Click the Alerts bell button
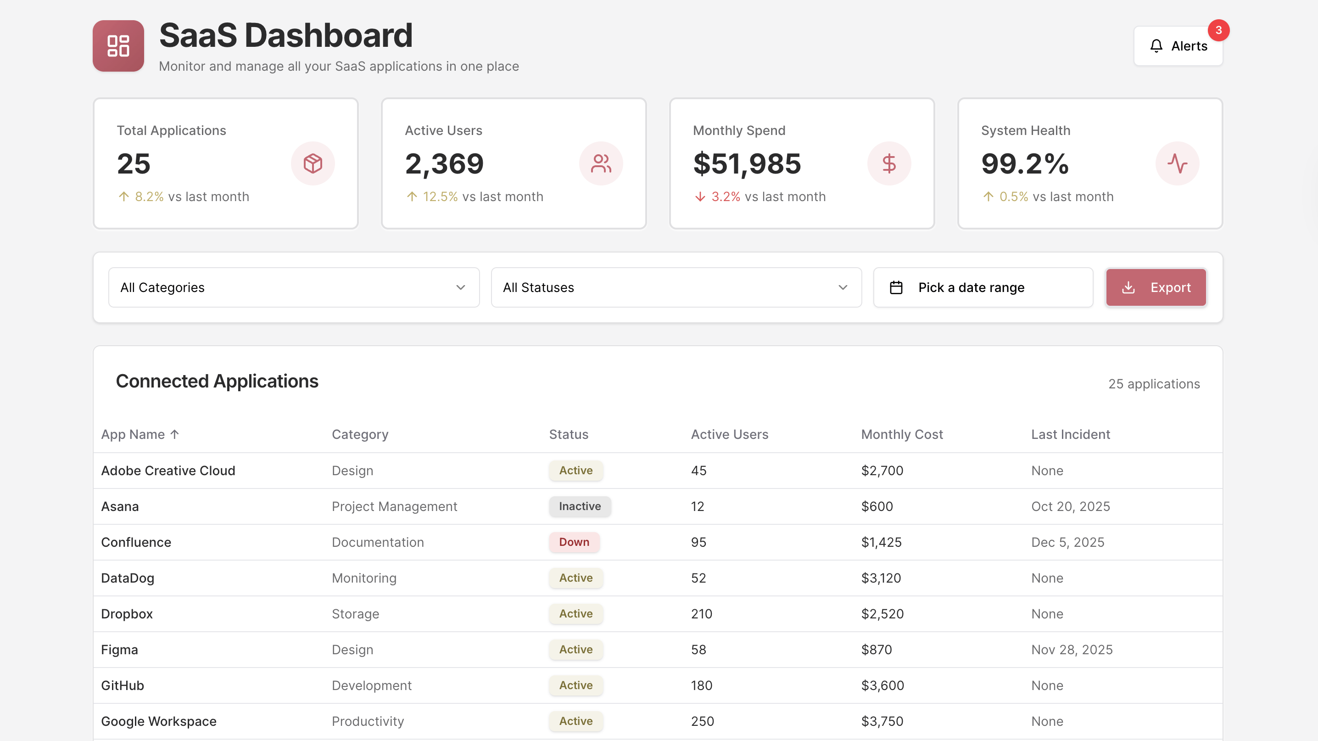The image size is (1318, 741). (1178, 46)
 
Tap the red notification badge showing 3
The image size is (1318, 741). (1218, 30)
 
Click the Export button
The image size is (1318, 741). (1156, 287)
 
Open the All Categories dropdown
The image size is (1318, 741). (294, 287)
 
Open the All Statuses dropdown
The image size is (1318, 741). (676, 287)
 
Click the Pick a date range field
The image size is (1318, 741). (983, 287)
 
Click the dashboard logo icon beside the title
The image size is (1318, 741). (118, 46)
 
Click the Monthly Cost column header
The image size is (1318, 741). (901, 434)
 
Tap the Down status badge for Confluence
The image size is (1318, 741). (574, 542)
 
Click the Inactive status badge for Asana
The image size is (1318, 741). (579, 506)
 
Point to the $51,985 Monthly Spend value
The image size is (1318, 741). (747, 164)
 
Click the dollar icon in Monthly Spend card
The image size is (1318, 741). (889, 164)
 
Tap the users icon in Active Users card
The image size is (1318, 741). (601, 164)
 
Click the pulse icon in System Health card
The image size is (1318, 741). (1177, 164)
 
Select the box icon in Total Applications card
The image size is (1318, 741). (313, 164)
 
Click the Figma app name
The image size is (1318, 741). (119, 649)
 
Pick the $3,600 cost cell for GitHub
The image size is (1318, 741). (882, 685)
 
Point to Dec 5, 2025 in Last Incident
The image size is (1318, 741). (1067, 542)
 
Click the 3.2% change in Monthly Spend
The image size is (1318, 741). (725, 197)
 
